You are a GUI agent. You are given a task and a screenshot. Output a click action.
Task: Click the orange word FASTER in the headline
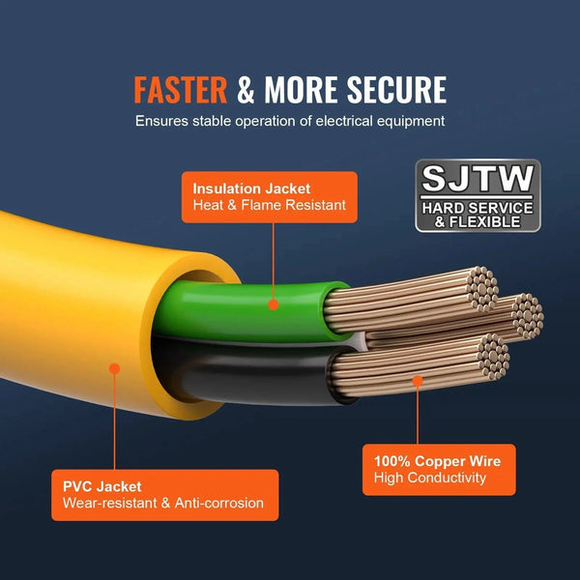click(180, 90)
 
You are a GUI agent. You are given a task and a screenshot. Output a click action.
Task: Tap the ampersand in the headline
click(246, 90)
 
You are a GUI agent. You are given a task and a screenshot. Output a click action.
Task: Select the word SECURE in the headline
click(396, 90)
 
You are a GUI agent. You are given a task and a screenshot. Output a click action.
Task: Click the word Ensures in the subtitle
click(161, 121)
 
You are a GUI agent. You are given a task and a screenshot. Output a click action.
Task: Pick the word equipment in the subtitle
click(411, 122)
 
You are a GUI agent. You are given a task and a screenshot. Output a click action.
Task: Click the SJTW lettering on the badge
click(478, 178)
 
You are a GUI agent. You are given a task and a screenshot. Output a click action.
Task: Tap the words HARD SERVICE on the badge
click(478, 208)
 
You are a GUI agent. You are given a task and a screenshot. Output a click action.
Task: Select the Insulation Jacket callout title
click(251, 188)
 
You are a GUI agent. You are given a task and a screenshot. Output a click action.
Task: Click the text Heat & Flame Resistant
click(270, 205)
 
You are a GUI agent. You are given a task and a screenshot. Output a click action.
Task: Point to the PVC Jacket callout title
click(102, 486)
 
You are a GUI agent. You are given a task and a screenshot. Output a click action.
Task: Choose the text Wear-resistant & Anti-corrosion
click(163, 503)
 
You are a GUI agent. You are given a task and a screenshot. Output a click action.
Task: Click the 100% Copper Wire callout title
click(437, 461)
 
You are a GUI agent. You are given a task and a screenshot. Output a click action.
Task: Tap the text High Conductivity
click(430, 478)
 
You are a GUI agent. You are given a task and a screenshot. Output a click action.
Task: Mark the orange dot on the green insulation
click(273, 304)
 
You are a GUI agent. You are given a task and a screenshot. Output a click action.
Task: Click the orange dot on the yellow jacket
click(115, 368)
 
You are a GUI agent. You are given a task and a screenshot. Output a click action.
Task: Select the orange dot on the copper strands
click(418, 381)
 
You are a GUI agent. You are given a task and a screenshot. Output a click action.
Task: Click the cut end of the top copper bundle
click(482, 289)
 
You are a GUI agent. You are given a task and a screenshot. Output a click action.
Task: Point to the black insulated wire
click(255, 372)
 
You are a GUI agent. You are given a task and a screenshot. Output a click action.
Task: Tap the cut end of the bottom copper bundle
click(493, 357)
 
